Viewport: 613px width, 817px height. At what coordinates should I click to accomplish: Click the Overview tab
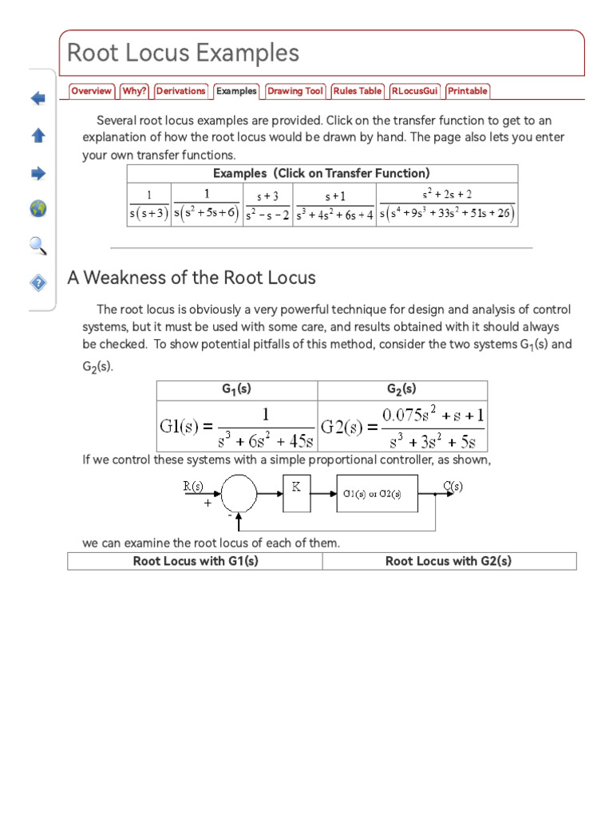(91, 91)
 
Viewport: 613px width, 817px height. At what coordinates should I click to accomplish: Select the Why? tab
(134, 91)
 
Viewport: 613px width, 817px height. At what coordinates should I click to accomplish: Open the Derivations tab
(180, 91)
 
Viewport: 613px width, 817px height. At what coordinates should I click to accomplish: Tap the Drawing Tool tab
(295, 91)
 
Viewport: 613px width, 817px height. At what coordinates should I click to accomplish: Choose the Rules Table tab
(358, 91)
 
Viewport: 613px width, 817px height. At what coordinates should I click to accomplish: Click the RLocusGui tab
(415, 91)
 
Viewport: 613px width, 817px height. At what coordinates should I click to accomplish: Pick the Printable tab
(467, 91)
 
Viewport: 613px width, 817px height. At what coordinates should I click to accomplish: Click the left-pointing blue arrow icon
(38, 99)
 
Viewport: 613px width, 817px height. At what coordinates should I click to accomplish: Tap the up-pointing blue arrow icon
(38, 136)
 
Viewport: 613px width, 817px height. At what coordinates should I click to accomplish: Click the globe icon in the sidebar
(38, 209)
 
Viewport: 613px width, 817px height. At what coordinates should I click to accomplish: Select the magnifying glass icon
(38, 246)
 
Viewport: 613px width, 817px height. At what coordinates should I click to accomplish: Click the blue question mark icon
(38, 282)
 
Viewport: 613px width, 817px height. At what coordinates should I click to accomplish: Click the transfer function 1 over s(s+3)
(148, 205)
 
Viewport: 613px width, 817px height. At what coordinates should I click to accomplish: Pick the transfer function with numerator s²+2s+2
(447, 204)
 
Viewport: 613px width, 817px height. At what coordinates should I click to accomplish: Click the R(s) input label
(193, 485)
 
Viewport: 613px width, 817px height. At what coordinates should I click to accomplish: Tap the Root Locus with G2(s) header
(449, 561)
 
